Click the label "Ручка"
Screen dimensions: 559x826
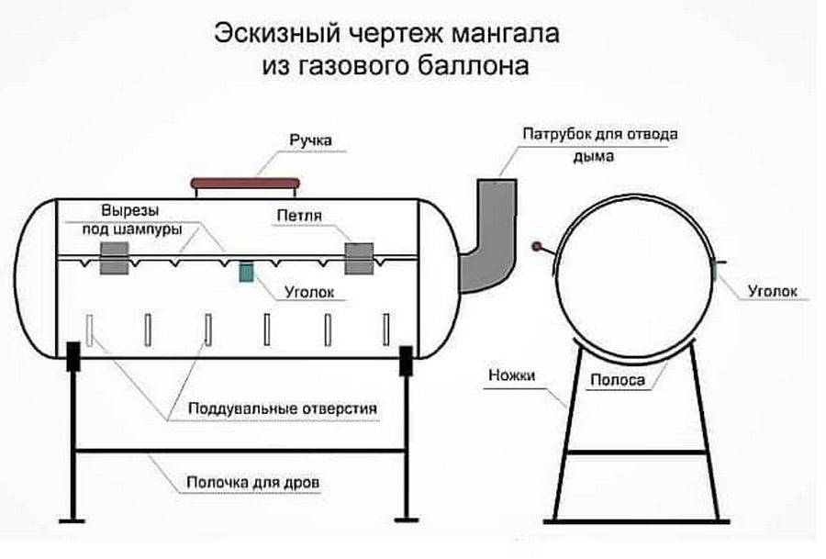tap(310, 140)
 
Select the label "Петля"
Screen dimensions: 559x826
tap(296, 217)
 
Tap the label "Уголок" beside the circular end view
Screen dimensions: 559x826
tap(773, 292)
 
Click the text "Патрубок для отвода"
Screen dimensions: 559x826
tap(600, 134)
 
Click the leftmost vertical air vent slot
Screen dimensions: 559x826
tap(91, 330)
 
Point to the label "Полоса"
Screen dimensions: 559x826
tap(617, 379)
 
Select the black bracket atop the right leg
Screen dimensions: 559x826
tap(405, 359)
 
